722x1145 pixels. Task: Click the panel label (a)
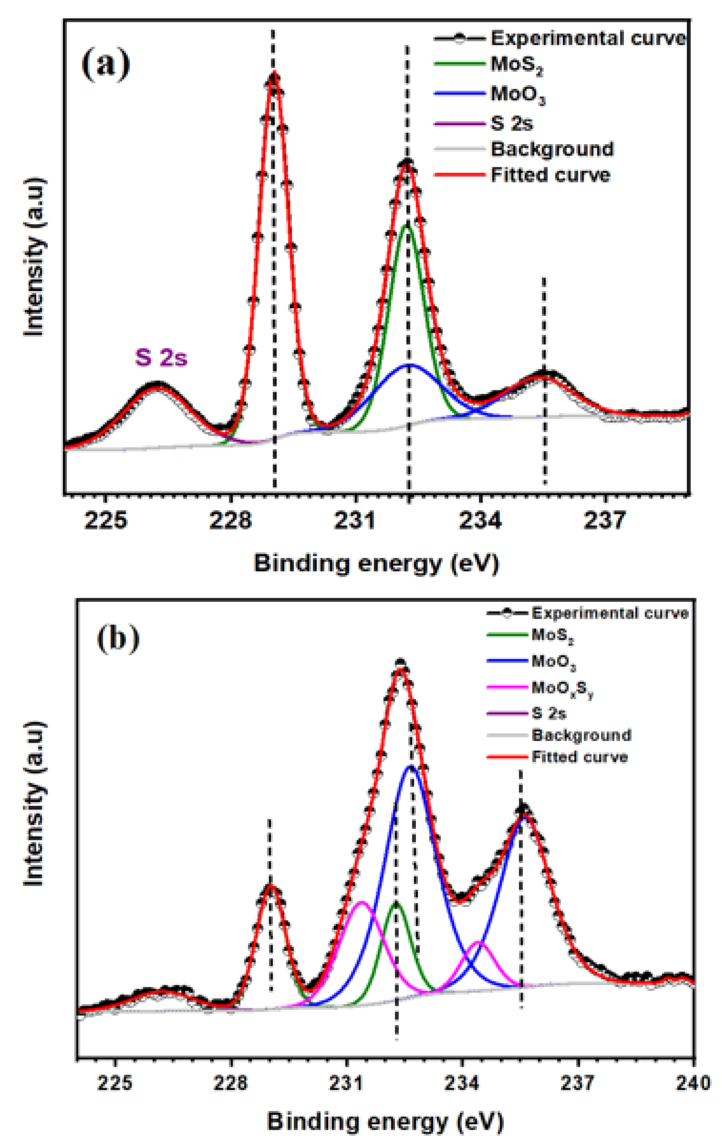(105, 65)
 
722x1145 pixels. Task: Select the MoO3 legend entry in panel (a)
(517, 94)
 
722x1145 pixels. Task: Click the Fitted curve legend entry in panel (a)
(550, 175)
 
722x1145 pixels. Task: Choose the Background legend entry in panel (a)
(552, 149)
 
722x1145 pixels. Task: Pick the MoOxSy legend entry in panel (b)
(562, 688)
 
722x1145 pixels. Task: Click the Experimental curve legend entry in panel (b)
(609, 613)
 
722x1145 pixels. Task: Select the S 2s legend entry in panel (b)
(548, 713)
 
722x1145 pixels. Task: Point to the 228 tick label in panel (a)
(230, 520)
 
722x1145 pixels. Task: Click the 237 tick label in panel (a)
(605, 520)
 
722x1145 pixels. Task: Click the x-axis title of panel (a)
(376, 563)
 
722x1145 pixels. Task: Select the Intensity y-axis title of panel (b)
(34, 804)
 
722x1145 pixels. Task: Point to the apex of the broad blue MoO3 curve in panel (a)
(409, 365)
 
